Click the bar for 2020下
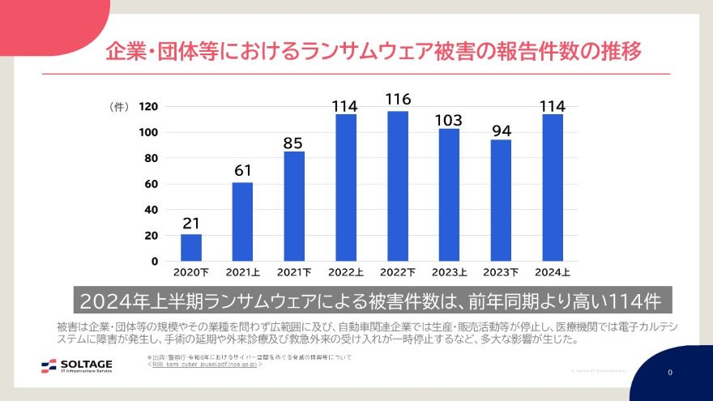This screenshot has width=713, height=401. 191,247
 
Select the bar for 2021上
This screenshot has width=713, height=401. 242,221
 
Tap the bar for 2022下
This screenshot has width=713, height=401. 398,186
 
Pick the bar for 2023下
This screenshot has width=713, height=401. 501,200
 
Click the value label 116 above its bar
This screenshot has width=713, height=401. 398,100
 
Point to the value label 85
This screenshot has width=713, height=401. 293,143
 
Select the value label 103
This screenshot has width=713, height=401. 449,119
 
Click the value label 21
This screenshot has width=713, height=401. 191,223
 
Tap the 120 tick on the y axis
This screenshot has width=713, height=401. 148,106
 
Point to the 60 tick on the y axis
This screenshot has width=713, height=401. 152,184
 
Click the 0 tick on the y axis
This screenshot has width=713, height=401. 155,261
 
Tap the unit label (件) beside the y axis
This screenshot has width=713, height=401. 118,107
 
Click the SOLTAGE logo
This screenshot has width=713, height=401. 77,365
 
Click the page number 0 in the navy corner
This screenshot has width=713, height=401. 670,373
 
